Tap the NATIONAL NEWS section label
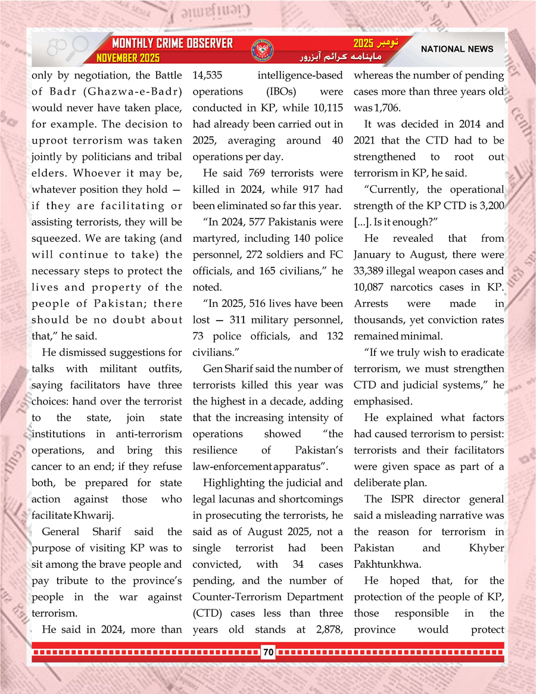point(457,49)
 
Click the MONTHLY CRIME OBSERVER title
point(173,44)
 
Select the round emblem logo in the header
point(259,50)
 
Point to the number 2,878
point(328,629)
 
